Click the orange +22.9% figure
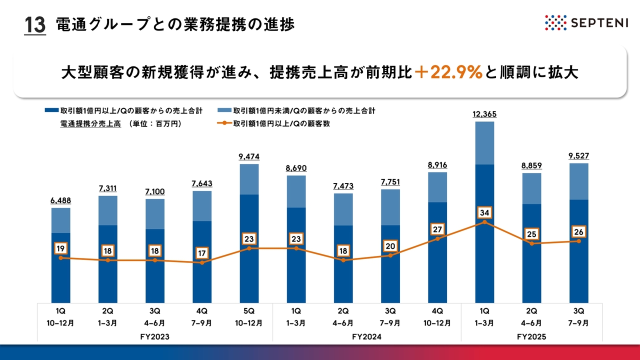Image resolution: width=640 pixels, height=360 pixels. point(448,72)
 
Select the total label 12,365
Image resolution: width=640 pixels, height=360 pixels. point(484,114)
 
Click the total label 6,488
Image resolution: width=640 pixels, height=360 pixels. point(60,200)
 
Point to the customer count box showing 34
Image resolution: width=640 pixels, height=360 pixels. point(484,213)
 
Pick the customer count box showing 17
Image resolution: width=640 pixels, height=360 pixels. point(202,253)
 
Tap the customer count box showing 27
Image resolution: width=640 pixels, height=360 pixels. point(437,230)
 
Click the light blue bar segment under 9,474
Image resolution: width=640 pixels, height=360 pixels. point(249,179)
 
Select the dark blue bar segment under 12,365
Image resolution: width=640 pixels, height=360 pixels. point(484,232)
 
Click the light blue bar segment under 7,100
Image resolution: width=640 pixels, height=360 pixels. point(155,214)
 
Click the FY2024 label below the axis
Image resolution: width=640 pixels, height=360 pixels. point(367,337)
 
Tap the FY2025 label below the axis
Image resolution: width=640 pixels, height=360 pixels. point(531,337)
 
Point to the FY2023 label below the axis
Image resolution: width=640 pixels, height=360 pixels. point(155,337)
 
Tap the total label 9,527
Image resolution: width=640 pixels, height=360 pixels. point(579,156)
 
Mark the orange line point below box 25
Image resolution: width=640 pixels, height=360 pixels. point(531,243)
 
